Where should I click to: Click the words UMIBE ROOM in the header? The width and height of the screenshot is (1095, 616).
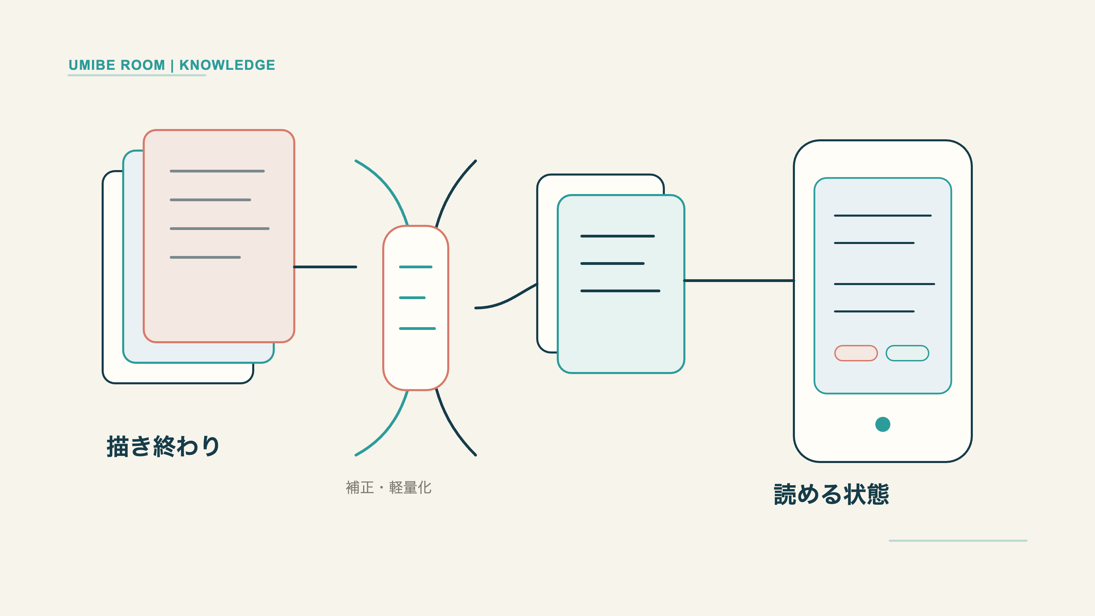116,65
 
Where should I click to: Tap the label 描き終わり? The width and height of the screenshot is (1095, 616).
163,446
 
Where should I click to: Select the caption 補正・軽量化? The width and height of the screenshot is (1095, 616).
388,487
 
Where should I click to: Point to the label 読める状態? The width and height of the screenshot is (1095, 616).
832,495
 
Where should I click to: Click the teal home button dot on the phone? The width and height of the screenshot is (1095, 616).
883,424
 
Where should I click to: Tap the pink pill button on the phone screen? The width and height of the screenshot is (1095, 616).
856,353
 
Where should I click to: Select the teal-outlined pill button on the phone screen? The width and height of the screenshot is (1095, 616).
907,353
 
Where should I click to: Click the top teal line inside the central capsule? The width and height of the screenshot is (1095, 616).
416,267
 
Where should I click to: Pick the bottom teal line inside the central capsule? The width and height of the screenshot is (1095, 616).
417,329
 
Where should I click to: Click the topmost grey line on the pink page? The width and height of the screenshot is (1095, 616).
217,171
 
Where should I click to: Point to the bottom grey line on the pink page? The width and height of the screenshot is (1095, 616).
205,257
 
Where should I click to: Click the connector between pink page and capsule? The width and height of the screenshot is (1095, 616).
325,267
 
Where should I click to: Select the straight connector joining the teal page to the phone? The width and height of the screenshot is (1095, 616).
739,281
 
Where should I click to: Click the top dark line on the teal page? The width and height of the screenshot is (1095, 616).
618,236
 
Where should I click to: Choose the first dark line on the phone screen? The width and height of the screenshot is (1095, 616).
883,216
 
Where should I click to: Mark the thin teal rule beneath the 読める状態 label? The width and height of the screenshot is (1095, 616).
958,541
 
